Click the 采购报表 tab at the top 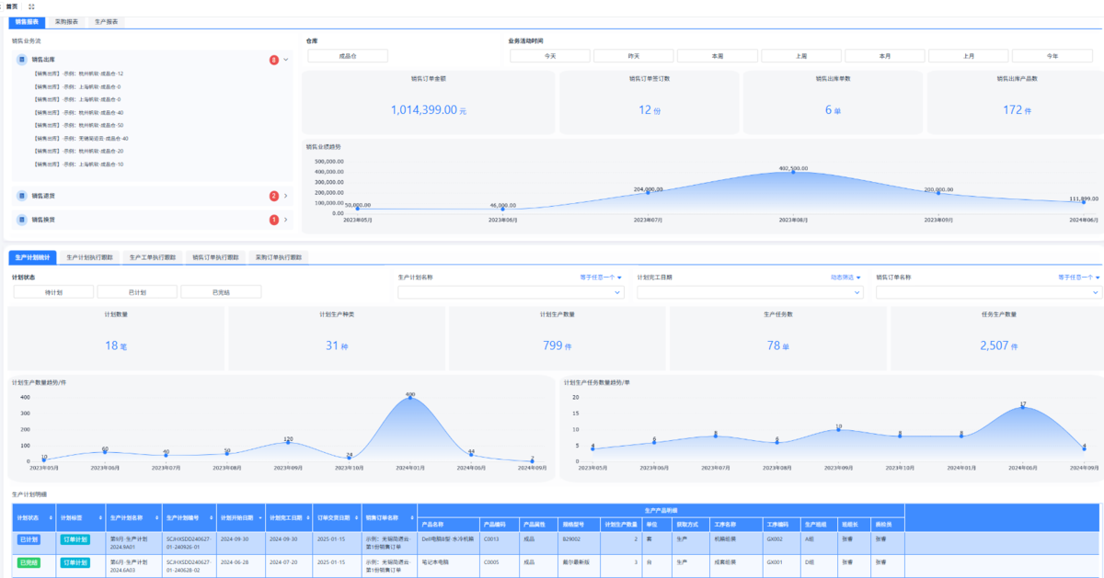point(66,20)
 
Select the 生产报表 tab point(106,20)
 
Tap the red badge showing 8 point(274,60)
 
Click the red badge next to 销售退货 point(274,196)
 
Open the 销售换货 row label point(43,220)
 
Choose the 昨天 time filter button point(633,56)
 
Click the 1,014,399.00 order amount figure point(424,110)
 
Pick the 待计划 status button point(53,292)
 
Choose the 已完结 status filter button point(221,292)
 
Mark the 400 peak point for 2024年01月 point(410,398)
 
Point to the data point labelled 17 point(1022,407)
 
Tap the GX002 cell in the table point(775,539)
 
